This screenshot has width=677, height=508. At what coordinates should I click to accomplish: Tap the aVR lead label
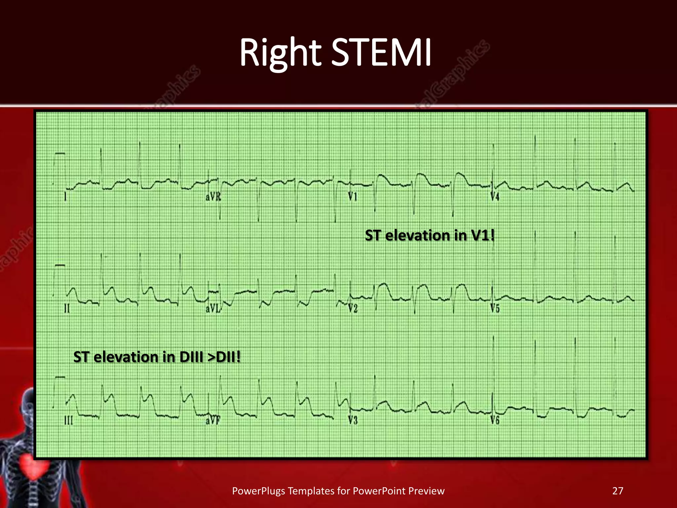coord(213,197)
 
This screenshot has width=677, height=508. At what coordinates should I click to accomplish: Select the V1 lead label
coord(353,197)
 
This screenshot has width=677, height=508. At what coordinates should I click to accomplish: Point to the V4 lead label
coord(495,197)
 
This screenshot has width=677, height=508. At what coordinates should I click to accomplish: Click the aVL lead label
coord(213,309)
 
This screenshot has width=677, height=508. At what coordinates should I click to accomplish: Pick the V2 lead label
coord(353,309)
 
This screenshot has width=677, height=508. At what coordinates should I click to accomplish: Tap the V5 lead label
coord(495,309)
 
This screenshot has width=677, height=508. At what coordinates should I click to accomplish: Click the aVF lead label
coord(213,421)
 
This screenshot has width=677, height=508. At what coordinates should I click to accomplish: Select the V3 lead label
coord(353,421)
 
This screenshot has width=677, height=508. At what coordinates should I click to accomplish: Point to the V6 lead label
coord(495,421)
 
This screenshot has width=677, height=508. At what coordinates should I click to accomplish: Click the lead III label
coord(68,421)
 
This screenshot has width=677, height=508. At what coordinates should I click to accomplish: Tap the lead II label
coord(67,309)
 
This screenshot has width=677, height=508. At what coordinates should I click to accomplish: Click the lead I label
coord(65,197)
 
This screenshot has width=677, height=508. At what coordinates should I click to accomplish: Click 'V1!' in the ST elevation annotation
coord(483,235)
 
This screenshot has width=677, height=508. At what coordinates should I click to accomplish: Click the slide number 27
coord(617,491)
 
